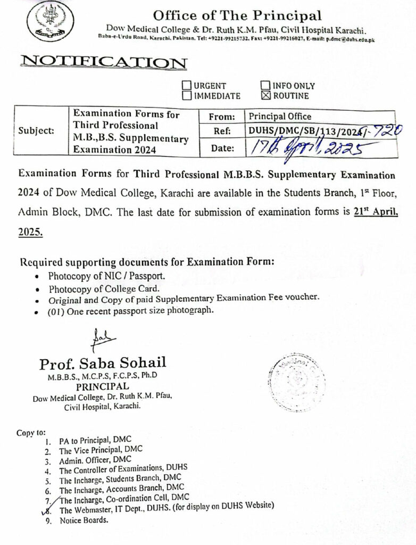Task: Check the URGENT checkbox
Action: click(x=187, y=85)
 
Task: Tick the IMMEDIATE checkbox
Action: click(x=187, y=96)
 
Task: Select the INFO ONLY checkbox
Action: click(x=265, y=85)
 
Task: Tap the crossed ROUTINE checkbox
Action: click(x=265, y=96)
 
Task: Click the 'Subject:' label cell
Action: click(x=36, y=130)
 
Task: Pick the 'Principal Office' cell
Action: click(x=280, y=117)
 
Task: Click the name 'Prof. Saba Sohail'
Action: click(x=102, y=364)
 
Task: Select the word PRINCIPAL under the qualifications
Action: click(x=102, y=386)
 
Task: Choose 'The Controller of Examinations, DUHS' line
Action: click(x=123, y=470)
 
